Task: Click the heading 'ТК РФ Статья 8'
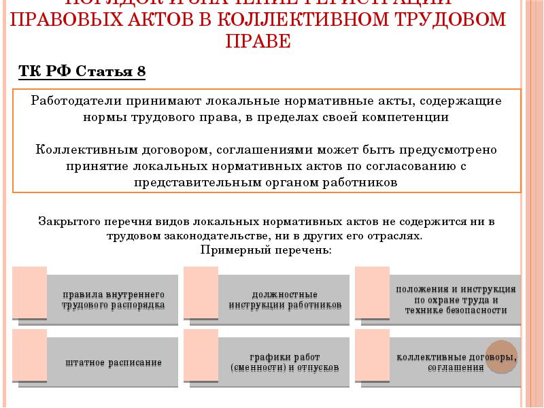pyautogui.click(x=82, y=72)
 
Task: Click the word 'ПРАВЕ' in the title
pyautogui.click(x=258, y=41)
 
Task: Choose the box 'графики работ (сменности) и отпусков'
pyautogui.click(x=285, y=362)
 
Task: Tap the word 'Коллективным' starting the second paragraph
pyautogui.click(x=78, y=149)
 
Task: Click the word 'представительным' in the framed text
pyautogui.click(x=191, y=182)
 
